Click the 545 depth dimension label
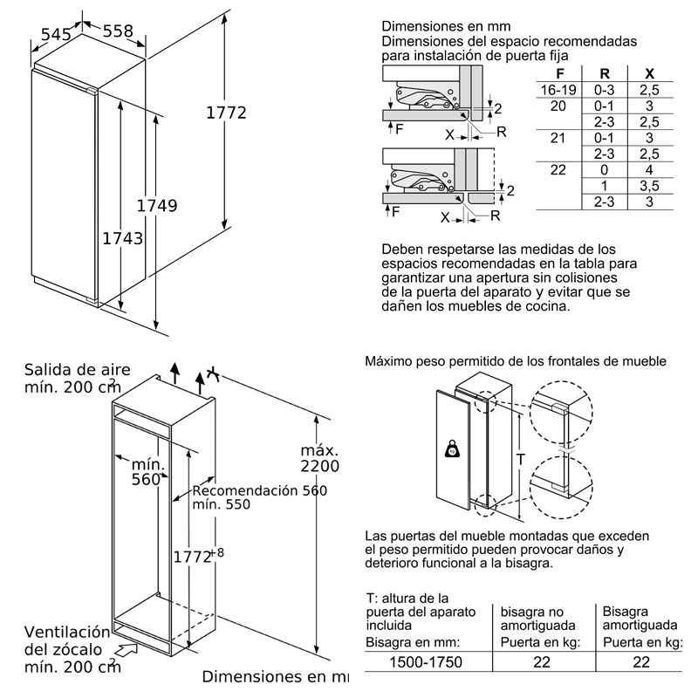(x=56, y=34)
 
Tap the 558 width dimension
(x=118, y=31)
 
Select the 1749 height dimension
(x=157, y=206)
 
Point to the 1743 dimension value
(x=123, y=238)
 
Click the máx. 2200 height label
(x=319, y=458)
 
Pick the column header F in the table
(x=560, y=73)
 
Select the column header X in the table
(x=649, y=73)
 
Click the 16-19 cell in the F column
(x=558, y=90)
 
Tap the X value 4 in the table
(x=649, y=169)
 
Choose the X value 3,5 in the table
(x=649, y=186)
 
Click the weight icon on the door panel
(x=452, y=448)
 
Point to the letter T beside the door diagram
(x=520, y=459)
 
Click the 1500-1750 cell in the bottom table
(x=426, y=662)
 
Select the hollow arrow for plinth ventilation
(x=128, y=648)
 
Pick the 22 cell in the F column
(x=558, y=169)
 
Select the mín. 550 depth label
(x=222, y=504)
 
